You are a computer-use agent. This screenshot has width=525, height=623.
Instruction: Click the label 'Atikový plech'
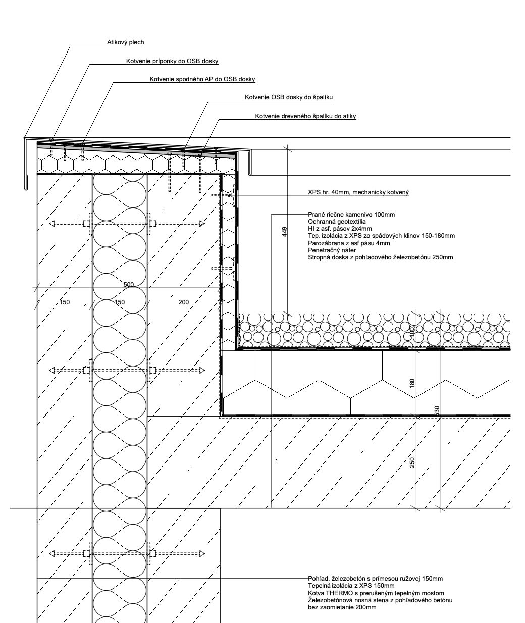(x=126, y=42)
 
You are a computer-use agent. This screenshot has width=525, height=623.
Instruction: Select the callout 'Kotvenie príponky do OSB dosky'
(x=172, y=61)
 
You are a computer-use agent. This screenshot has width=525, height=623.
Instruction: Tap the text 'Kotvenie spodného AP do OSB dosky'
(x=202, y=79)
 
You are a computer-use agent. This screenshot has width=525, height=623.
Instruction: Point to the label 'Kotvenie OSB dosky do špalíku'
(x=289, y=97)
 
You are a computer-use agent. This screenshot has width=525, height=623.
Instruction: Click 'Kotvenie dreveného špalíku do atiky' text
(x=305, y=116)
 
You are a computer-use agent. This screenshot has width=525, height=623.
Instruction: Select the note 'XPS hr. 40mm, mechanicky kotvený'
(x=358, y=192)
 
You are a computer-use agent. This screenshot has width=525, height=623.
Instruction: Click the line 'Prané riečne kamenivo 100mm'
(x=351, y=215)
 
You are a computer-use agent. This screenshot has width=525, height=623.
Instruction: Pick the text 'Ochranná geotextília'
(x=337, y=222)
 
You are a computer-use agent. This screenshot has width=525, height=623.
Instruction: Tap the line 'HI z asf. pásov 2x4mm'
(x=340, y=229)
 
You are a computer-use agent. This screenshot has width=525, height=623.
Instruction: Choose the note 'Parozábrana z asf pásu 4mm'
(x=349, y=243)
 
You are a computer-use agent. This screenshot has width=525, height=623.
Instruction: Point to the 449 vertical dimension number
(x=285, y=232)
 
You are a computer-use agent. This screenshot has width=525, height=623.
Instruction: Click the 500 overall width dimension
(x=129, y=284)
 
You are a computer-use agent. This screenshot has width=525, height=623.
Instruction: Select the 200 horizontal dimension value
(x=183, y=302)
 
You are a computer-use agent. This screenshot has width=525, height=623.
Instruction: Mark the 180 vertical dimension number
(x=412, y=383)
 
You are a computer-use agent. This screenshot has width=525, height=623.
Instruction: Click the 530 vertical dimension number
(x=437, y=411)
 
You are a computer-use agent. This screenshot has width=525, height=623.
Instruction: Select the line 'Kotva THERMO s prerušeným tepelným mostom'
(x=376, y=593)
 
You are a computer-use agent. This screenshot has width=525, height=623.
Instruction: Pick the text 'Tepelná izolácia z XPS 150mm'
(x=351, y=586)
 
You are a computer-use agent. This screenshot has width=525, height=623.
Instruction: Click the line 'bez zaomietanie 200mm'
(x=342, y=607)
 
